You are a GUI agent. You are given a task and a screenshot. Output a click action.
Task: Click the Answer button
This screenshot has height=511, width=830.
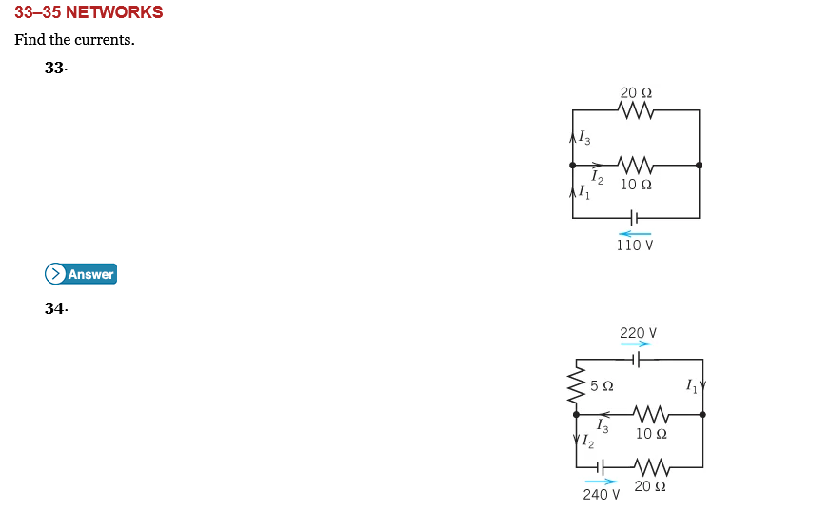81,274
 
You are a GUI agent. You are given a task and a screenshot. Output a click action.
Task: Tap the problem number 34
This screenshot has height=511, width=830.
55,308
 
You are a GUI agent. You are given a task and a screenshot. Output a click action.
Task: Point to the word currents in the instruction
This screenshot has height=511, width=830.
105,40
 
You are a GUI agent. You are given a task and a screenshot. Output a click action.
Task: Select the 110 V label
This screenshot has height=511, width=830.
635,246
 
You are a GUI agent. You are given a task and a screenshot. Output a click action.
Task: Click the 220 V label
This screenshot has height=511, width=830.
638,333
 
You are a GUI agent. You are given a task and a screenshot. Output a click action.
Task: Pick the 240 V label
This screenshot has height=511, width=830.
602,494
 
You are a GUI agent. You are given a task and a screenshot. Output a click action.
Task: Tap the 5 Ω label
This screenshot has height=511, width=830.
602,386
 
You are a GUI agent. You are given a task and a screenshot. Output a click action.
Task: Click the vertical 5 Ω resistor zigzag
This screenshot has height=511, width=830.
576,386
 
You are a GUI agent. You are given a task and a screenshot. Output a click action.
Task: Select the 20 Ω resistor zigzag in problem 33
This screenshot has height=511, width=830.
636,110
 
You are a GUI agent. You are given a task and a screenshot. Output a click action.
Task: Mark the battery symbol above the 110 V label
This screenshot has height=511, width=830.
635,218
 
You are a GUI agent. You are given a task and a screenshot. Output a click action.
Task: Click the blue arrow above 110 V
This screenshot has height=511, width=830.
635,233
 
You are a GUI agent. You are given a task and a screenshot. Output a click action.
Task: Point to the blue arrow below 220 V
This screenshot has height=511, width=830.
636,344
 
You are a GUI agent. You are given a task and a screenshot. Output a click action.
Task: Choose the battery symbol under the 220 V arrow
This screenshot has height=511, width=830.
637,360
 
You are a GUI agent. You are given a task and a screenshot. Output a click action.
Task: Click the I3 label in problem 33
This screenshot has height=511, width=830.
584,139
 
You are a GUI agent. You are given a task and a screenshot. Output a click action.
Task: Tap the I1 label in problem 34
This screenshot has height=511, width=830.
692,385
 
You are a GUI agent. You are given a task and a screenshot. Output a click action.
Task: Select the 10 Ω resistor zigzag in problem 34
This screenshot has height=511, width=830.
651,414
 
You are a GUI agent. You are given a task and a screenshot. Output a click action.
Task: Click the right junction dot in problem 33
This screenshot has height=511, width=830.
700,165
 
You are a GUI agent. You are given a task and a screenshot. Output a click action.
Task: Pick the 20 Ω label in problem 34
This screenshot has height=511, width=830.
649,486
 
